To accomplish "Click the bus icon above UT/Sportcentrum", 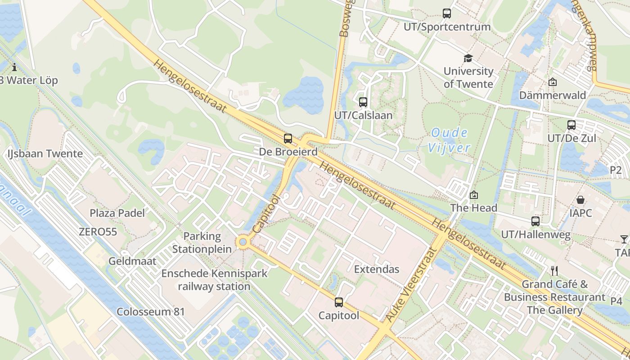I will coord(446,13).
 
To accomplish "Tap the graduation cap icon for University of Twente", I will coord(468,58).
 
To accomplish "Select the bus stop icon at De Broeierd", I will coord(288,138).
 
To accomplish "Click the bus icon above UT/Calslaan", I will coord(363,102).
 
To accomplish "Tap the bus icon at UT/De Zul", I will coord(571,125).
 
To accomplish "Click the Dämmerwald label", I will coord(553,95).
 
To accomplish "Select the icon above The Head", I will coord(473,195).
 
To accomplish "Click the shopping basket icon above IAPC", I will coord(580,199).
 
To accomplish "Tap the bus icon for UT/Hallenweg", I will coord(535,221).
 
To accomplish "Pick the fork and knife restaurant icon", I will coord(554,270).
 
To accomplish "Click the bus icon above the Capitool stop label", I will coord(339,302).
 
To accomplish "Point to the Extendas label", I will coord(377,269).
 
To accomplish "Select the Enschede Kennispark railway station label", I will coord(214,279).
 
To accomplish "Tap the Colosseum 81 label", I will coord(151,311).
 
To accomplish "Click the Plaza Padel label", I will coord(117,213).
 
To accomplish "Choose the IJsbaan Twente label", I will coord(45,153).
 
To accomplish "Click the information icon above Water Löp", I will coord(14,67).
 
